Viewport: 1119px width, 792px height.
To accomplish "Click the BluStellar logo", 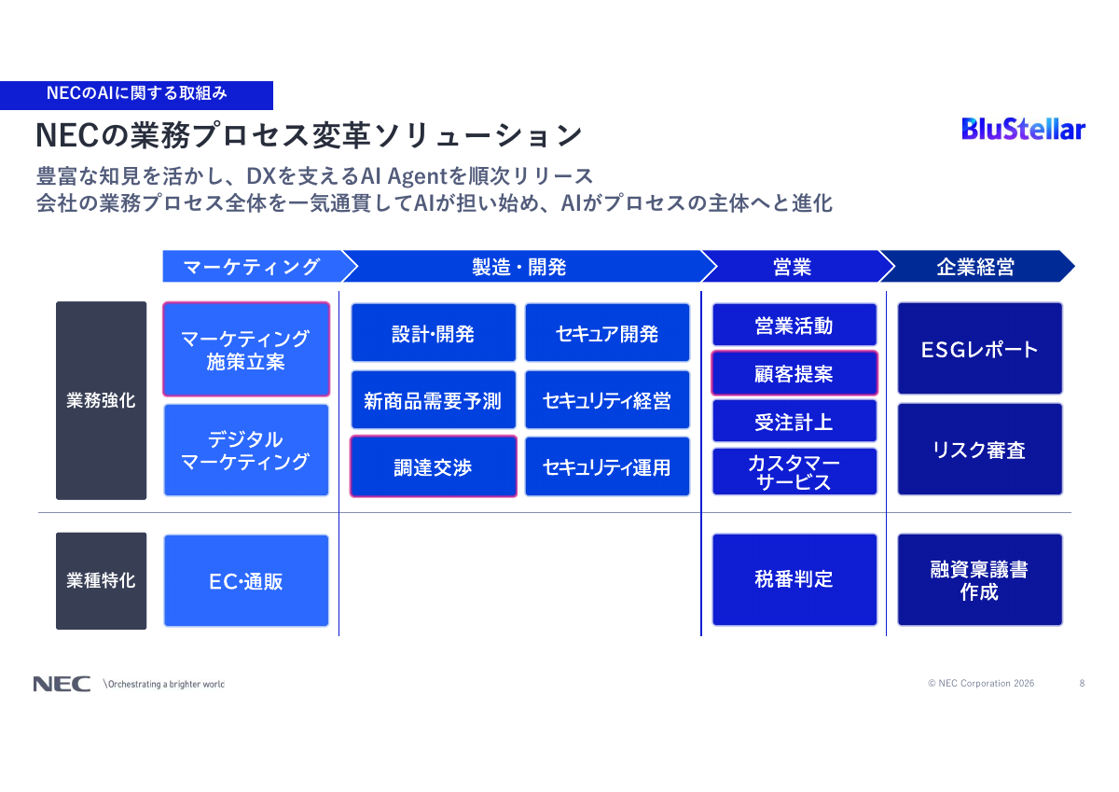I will click(1023, 129).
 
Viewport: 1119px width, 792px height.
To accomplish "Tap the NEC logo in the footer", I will click(62, 684).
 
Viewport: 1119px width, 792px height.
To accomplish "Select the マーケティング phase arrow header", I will click(252, 267).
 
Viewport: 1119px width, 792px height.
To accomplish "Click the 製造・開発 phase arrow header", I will click(519, 267).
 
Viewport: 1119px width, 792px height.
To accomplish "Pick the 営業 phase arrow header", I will click(792, 267).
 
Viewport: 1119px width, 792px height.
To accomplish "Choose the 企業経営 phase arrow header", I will click(974, 267).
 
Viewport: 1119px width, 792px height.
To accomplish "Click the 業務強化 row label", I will click(101, 400).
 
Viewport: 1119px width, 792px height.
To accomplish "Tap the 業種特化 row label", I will click(101, 580).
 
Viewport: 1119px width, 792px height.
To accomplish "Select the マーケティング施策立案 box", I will click(246, 349).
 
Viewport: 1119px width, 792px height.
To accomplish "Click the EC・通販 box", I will click(246, 580).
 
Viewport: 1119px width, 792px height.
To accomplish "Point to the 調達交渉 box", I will click(433, 466).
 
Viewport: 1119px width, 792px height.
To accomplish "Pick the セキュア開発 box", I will click(607, 333).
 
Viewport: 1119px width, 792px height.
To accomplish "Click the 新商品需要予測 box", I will click(433, 400).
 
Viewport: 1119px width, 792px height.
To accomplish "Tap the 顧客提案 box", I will click(794, 373).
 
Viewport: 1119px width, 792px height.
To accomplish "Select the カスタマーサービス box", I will click(794, 472).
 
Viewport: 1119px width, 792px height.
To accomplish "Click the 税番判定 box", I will click(794, 579).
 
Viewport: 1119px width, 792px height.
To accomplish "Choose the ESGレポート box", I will click(979, 349).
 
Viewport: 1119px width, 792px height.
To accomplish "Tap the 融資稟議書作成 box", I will click(979, 579).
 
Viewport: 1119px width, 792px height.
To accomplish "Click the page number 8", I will click(1082, 684).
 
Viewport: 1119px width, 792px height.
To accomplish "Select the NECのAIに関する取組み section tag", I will click(136, 93).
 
